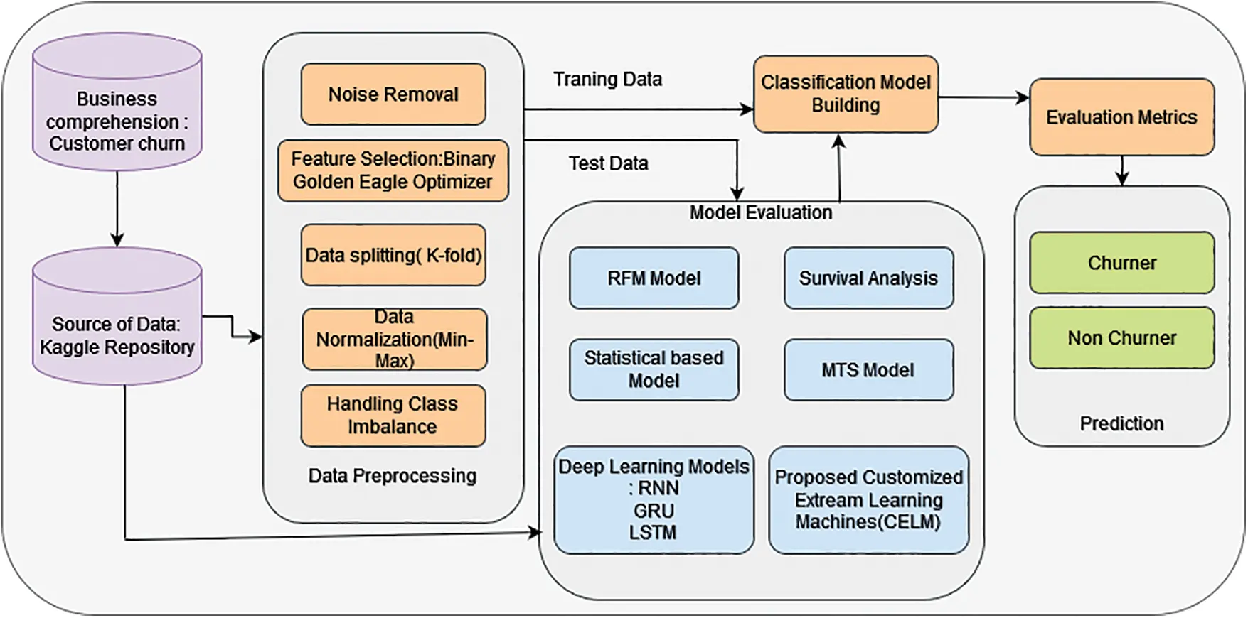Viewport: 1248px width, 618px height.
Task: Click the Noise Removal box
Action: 393,94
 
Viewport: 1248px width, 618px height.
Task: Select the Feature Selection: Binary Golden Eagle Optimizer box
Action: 393,170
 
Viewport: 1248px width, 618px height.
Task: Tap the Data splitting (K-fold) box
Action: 393,255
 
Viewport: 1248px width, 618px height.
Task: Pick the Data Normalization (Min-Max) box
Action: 395,339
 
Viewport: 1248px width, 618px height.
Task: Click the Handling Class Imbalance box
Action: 393,416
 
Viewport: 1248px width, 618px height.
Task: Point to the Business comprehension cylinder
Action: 117,102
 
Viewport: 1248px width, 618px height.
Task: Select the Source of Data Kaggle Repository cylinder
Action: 117,317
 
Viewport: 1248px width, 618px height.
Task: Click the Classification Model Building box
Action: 846,94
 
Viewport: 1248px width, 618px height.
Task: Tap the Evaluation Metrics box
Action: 1122,117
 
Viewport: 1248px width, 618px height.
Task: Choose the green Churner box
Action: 1122,263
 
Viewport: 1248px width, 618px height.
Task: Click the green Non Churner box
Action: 1122,338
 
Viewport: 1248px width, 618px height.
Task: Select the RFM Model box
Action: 654,278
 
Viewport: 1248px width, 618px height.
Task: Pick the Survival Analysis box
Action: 869,278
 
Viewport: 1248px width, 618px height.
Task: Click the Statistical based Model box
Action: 654,369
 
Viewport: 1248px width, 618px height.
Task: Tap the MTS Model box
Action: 869,369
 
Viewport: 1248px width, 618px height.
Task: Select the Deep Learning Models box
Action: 654,499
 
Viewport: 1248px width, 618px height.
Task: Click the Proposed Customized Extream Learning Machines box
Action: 869,499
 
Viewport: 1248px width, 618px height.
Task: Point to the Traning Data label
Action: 608,79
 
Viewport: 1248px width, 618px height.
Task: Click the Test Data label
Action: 609,163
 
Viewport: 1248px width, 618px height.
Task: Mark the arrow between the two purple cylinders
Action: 117,210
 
